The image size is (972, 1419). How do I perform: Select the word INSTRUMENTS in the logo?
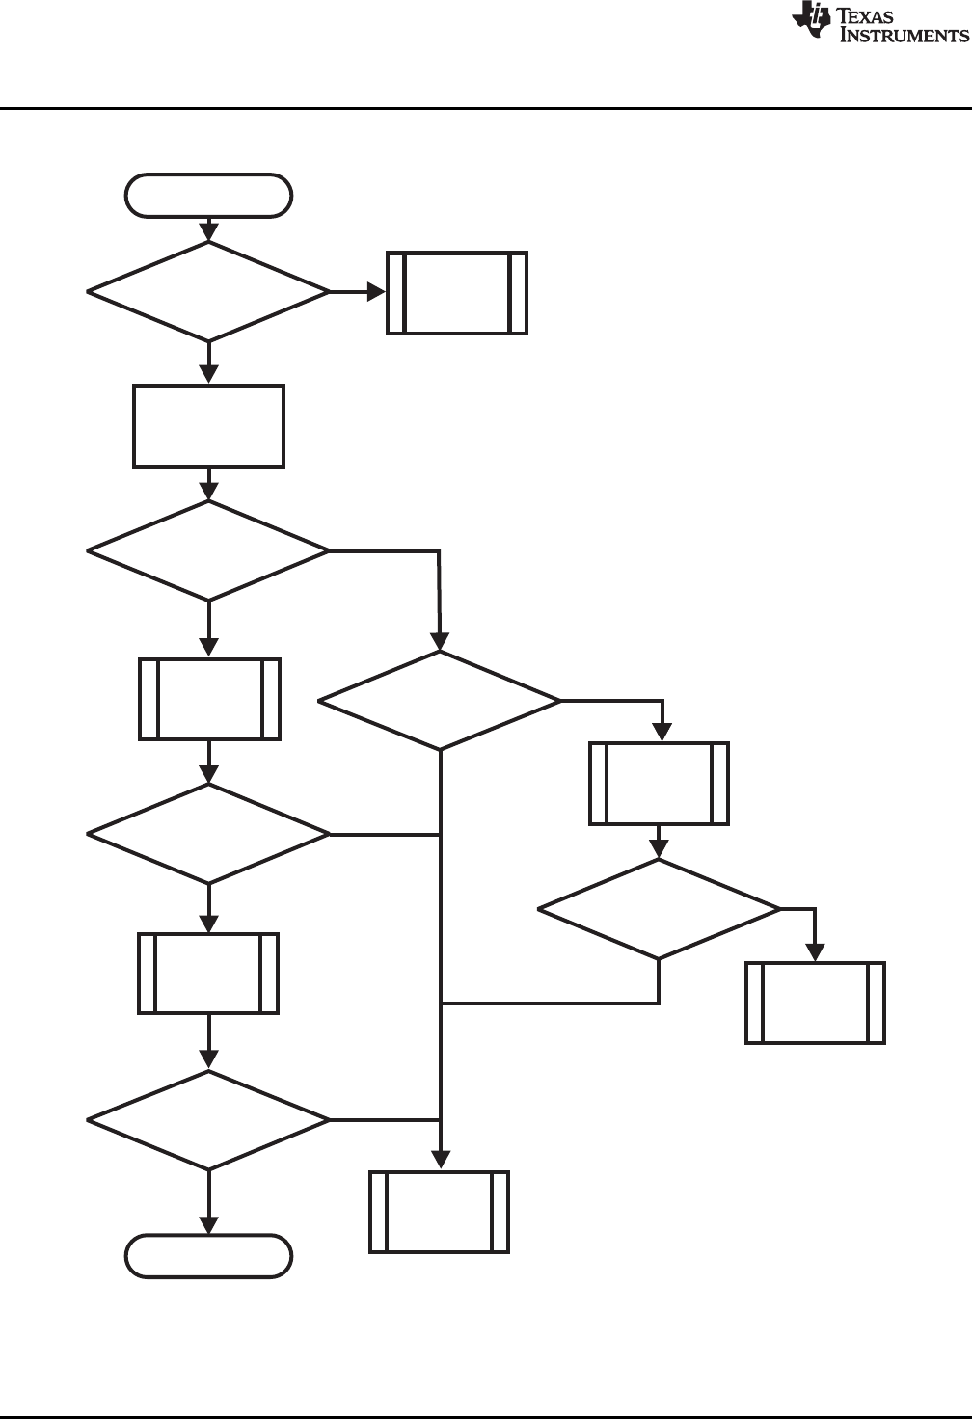[x=904, y=35]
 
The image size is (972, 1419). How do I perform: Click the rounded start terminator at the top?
[x=208, y=196]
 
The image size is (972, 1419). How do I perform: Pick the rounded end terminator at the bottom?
[x=208, y=1256]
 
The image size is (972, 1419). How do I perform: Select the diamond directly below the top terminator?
[x=208, y=291]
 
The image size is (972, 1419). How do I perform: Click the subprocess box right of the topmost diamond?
[x=457, y=293]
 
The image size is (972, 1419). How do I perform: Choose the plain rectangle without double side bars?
[x=208, y=426]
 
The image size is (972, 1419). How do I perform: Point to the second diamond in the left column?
[x=208, y=550]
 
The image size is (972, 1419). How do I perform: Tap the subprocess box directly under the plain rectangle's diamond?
[x=209, y=699]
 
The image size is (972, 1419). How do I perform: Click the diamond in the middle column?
[x=440, y=700]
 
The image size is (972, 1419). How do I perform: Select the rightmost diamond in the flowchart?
[x=659, y=909]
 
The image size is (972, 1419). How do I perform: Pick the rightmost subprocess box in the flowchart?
[x=815, y=1003]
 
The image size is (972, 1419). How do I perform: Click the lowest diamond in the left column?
[x=208, y=1120]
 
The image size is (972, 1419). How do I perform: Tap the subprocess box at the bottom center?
[x=440, y=1212]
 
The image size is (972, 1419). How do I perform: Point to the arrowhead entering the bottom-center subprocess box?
[x=440, y=1161]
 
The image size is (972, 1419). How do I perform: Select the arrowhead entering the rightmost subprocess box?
[x=816, y=952]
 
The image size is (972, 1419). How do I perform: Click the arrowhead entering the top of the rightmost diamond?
[x=659, y=848]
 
